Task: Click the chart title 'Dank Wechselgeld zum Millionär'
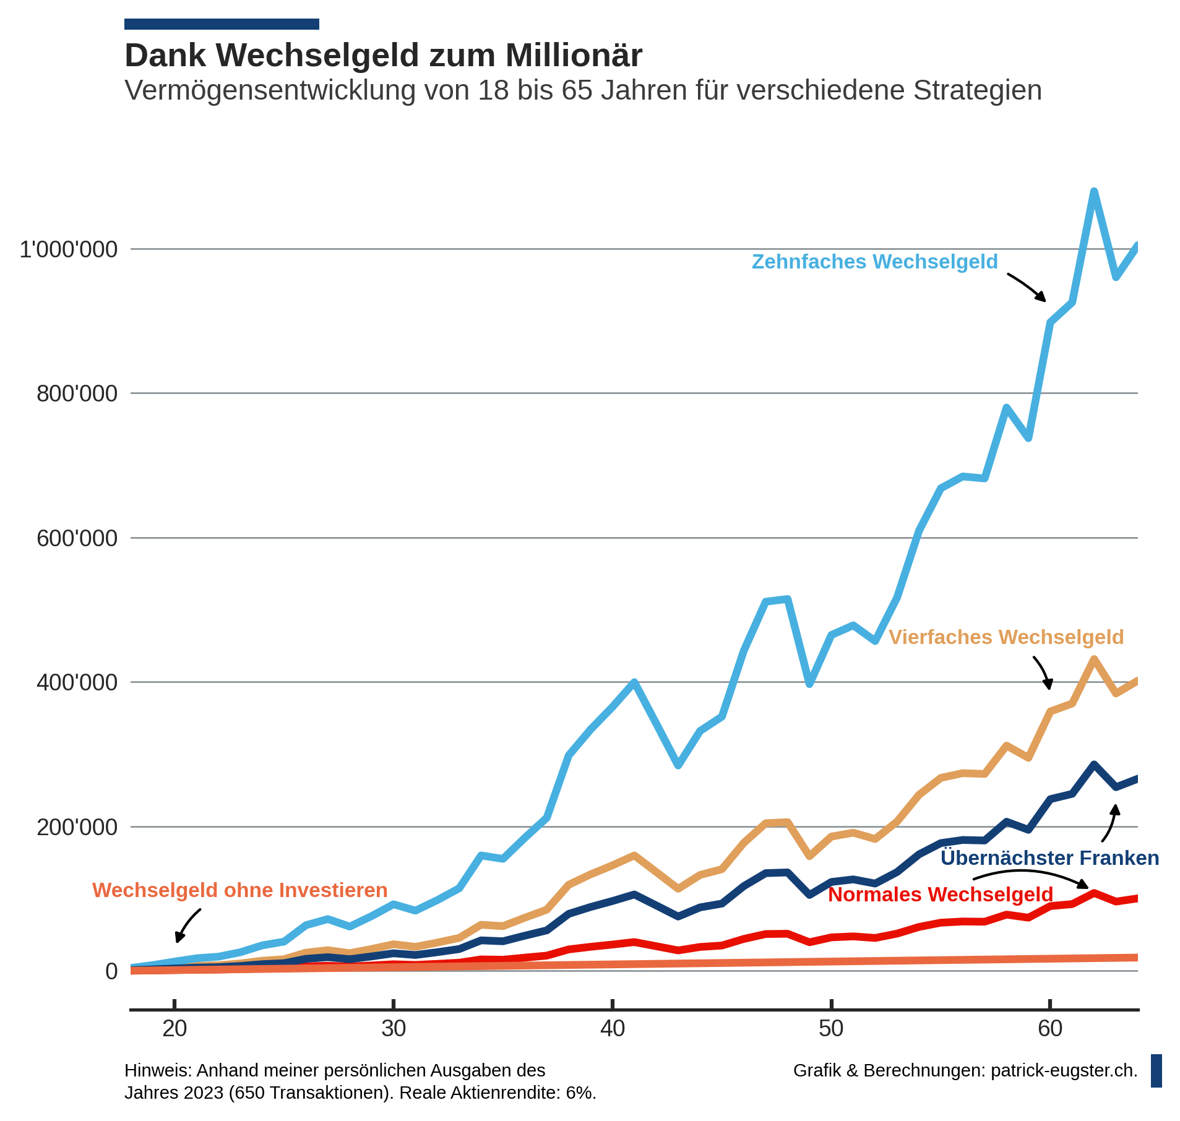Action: (x=383, y=56)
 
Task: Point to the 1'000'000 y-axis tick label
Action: (x=69, y=250)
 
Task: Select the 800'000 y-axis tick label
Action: (x=77, y=394)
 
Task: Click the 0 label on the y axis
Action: (x=111, y=972)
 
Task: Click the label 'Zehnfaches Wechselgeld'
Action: (x=874, y=262)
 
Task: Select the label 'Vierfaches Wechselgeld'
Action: (x=1006, y=638)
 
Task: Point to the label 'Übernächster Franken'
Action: (x=1049, y=859)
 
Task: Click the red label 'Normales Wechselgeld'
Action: (x=940, y=895)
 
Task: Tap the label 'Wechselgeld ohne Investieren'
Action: (x=239, y=891)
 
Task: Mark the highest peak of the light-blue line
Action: (x=1094, y=191)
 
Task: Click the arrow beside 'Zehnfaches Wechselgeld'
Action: (x=1027, y=288)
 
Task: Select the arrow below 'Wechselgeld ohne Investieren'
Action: (x=187, y=926)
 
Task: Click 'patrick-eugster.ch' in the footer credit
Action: (x=1064, y=1071)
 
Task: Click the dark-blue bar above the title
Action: (x=222, y=24)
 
